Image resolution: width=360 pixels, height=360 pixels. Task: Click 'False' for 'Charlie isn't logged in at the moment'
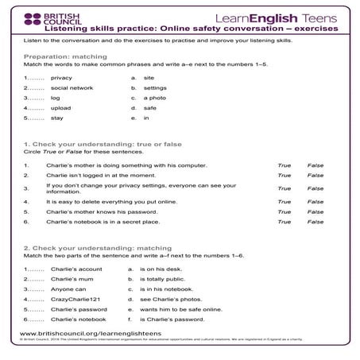coord(315,175)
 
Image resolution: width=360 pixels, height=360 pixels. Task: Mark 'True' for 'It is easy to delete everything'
coord(284,201)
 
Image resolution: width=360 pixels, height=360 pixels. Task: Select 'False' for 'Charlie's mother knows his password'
coord(315,212)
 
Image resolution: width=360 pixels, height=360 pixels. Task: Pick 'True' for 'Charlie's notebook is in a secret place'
coord(284,223)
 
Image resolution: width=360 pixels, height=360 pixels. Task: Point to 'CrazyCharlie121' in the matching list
coord(73,298)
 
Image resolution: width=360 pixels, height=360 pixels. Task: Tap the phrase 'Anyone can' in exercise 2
coord(64,288)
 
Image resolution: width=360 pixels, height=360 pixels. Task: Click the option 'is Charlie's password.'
coord(171,318)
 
